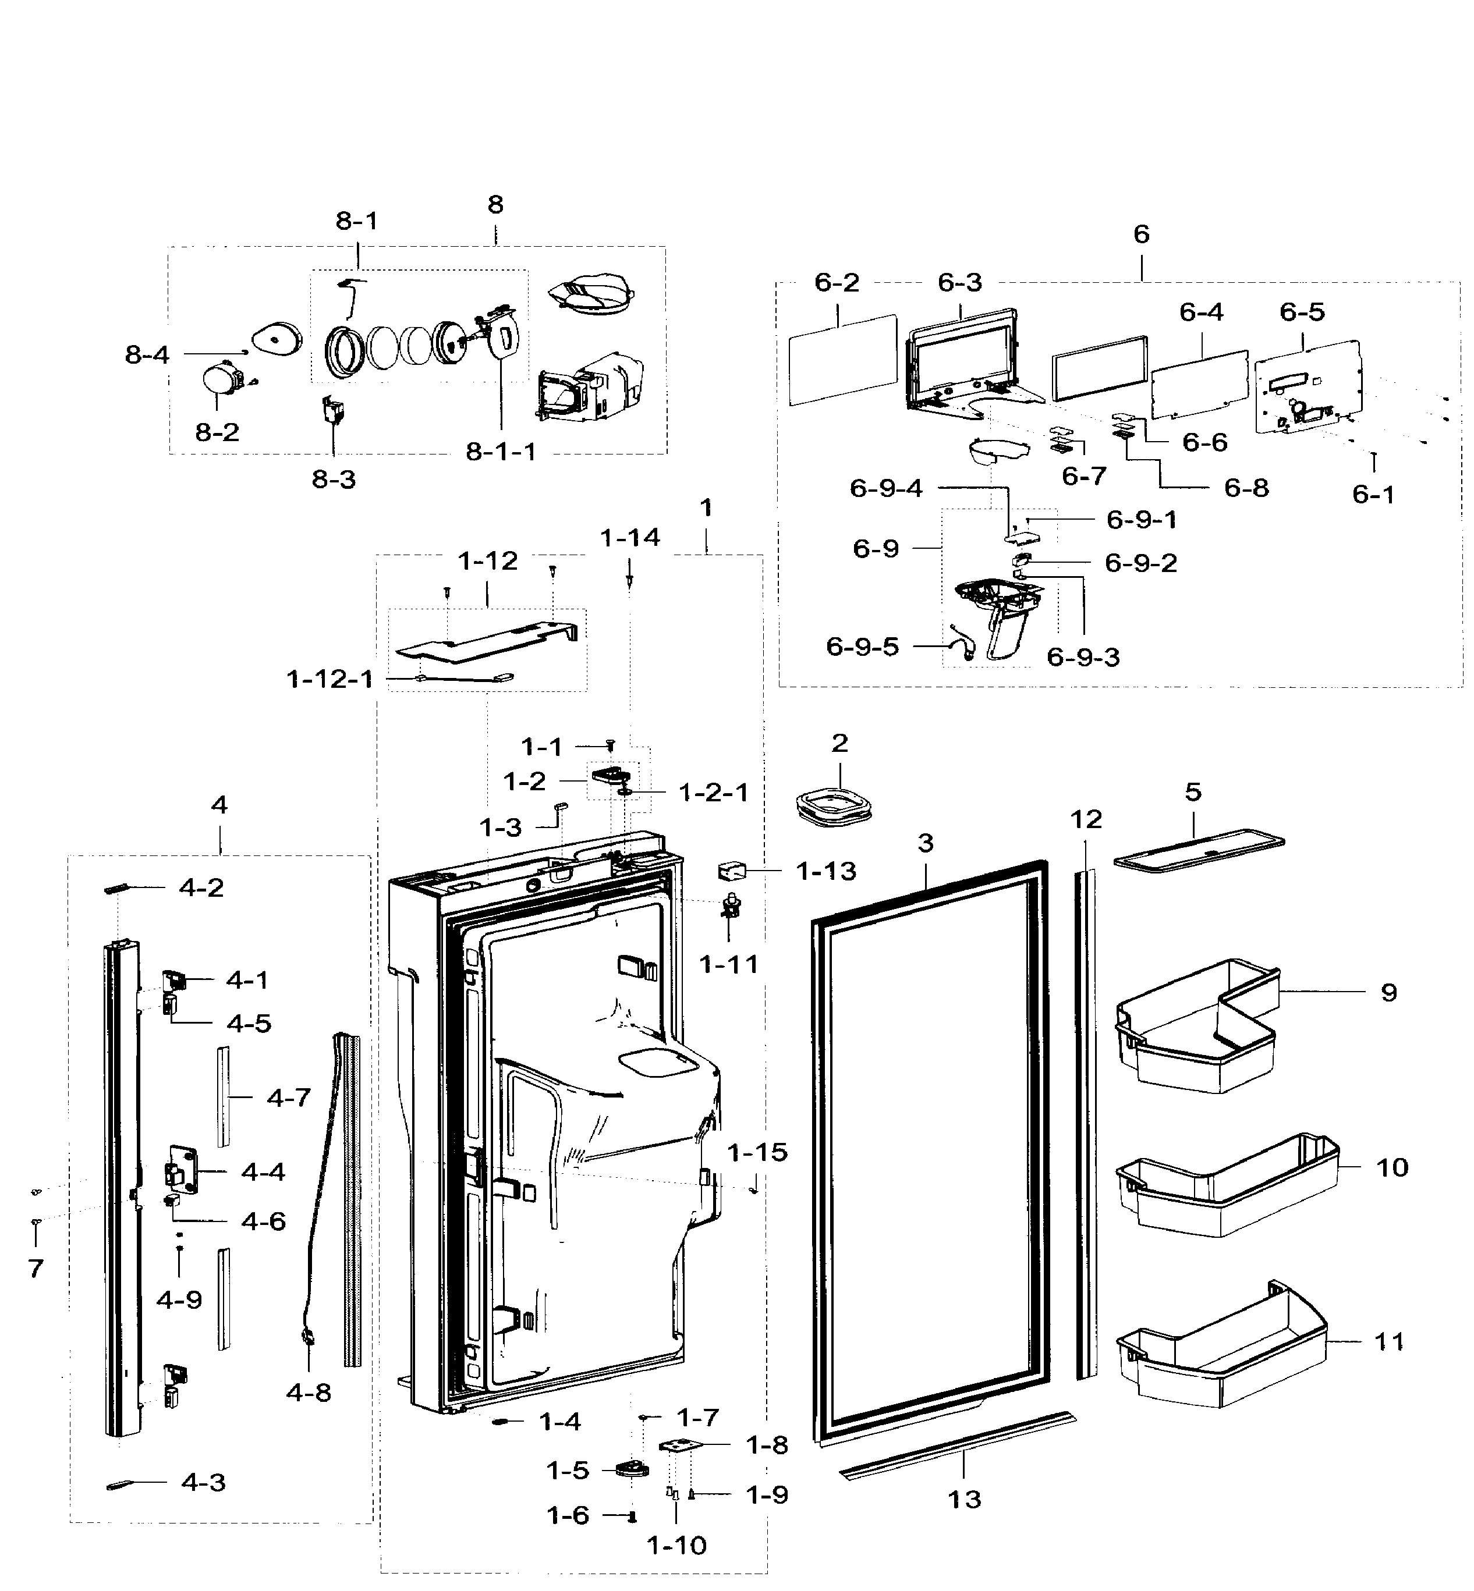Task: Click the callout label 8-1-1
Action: point(501,452)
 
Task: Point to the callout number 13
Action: point(963,1499)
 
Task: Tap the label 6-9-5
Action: point(862,647)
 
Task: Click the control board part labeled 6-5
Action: point(1308,387)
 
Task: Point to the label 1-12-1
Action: point(329,680)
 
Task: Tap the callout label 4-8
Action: point(308,1393)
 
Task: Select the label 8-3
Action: point(334,480)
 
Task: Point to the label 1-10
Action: point(676,1546)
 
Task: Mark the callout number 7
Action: point(36,1268)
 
